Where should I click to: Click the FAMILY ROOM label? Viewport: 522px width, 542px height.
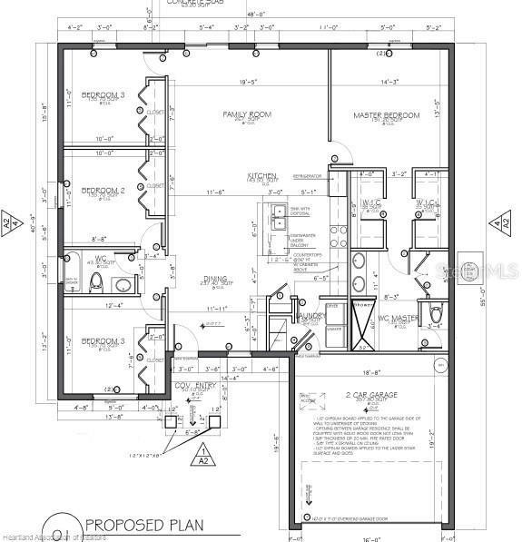248,114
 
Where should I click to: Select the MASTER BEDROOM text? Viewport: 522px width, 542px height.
387,115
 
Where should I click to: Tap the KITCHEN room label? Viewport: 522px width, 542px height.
261,175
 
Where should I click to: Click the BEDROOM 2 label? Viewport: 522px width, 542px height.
103,191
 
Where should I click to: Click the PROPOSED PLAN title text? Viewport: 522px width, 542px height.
144,524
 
